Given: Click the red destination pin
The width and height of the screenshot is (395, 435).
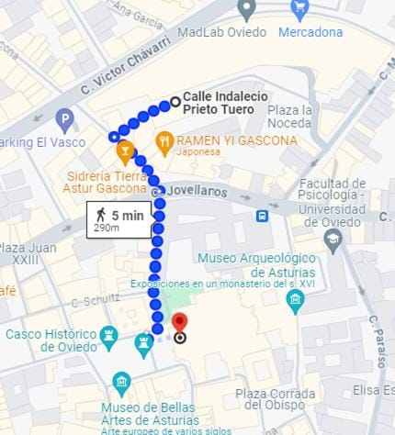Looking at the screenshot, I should tap(180, 323).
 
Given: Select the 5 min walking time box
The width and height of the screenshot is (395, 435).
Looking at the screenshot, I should tap(118, 220).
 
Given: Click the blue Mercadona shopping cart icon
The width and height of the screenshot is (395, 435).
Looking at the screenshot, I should tap(299, 10).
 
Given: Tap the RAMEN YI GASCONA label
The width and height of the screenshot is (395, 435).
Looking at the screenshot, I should tap(237, 140).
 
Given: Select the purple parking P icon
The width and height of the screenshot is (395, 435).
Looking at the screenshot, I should tap(64, 119).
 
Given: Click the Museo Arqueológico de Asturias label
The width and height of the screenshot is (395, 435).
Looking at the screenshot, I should tap(256, 265).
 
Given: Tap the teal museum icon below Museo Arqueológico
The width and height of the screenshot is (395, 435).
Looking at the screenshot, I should tap(295, 301).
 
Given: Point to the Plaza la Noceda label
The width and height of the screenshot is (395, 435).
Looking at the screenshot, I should tap(290, 117).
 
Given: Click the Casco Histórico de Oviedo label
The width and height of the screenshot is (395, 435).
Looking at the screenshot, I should tap(51, 340).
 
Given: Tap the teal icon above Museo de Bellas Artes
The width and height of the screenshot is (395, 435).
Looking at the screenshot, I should tap(121, 384).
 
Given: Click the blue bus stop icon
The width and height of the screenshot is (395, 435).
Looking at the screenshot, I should tap(263, 216).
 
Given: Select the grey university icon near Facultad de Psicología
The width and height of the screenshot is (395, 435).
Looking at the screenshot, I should tap(333, 240).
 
